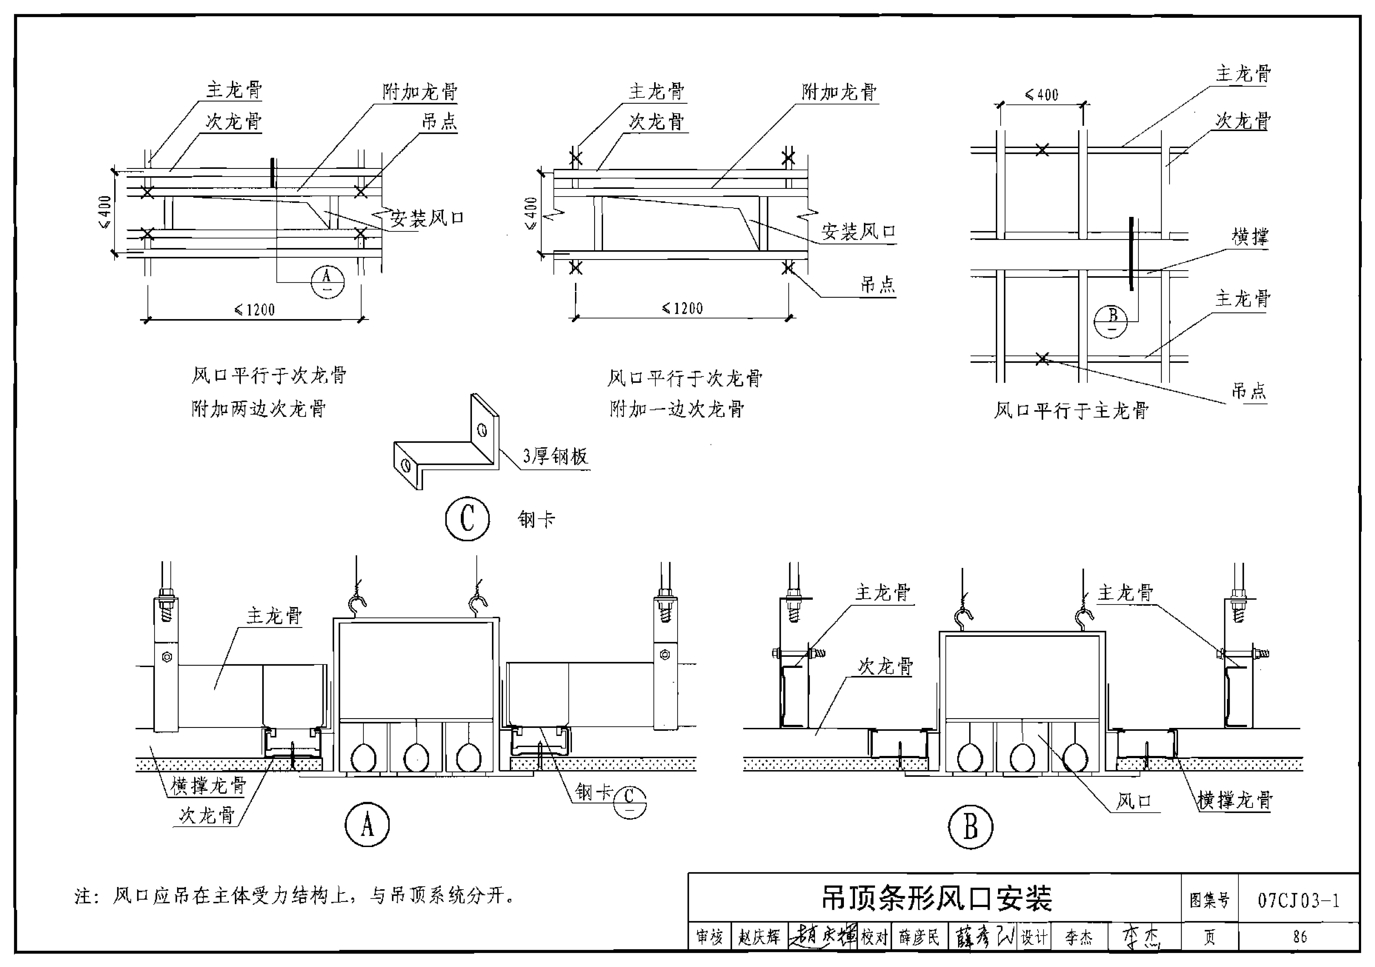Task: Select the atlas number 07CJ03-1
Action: pos(1298,900)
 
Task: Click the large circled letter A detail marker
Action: pos(367,825)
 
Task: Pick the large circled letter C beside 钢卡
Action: pos(467,518)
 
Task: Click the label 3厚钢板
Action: pos(555,457)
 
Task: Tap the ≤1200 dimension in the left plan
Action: pos(254,310)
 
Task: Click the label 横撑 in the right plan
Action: pos(1250,237)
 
